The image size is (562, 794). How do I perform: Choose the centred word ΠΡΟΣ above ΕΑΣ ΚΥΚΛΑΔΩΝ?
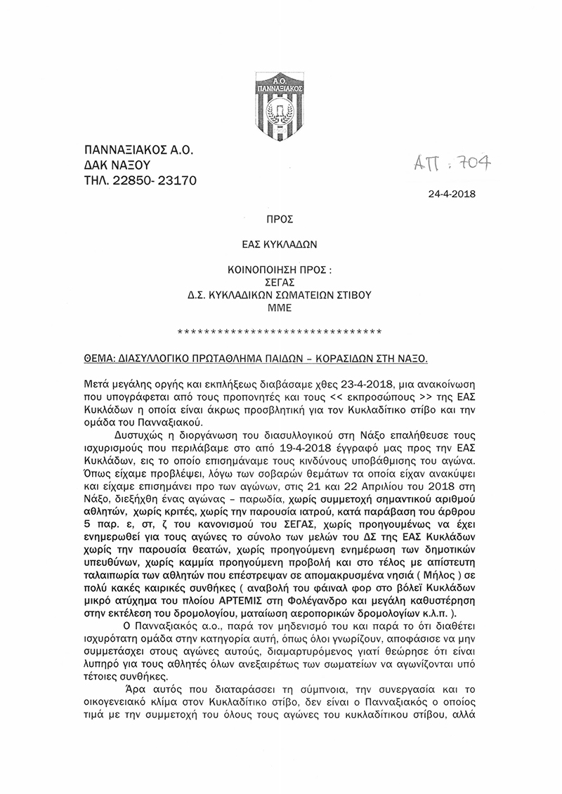coord(280,220)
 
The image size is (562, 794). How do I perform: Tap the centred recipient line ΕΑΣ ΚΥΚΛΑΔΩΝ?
coord(280,245)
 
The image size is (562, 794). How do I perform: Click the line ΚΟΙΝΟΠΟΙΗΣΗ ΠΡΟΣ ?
coord(280,270)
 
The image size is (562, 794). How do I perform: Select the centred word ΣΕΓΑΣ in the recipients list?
coord(280,283)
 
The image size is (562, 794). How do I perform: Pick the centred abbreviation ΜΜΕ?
coord(280,307)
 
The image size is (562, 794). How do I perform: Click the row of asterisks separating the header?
coord(280,331)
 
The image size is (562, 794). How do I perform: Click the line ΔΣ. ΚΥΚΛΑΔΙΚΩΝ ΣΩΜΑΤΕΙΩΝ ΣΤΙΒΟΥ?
coord(280,296)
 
